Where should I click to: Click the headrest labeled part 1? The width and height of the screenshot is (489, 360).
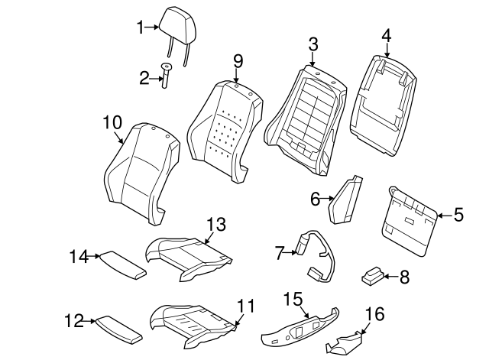click(x=178, y=25)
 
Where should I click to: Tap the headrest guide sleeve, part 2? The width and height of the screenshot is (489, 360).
click(x=166, y=75)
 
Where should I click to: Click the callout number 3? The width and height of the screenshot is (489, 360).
click(x=313, y=44)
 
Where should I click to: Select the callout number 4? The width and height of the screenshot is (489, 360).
click(x=386, y=36)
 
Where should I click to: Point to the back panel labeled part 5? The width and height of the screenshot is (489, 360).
click(x=410, y=222)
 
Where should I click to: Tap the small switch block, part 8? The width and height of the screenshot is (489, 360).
click(x=372, y=276)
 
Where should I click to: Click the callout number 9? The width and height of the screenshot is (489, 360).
click(x=238, y=61)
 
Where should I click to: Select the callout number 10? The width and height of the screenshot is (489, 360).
click(x=112, y=122)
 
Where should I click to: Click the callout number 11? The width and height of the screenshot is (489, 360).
click(x=245, y=306)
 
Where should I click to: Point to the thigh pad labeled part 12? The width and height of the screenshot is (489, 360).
click(x=118, y=330)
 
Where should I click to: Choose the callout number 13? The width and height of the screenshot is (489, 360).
click(x=216, y=224)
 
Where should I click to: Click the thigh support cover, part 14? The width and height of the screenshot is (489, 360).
click(x=122, y=265)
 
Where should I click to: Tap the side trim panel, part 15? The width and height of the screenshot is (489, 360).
click(x=300, y=328)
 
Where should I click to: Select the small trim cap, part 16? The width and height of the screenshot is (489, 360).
click(x=343, y=344)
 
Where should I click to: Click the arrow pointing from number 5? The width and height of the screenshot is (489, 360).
click(x=445, y=216)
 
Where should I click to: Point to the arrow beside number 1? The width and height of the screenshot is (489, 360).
click(x=153, y=28)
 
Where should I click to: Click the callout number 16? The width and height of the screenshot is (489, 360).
click(x=374, y=314)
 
